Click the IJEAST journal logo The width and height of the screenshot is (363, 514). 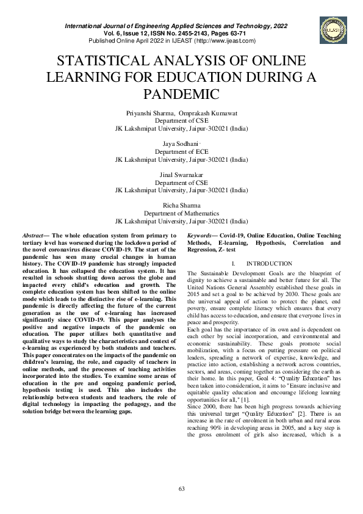(332, 26)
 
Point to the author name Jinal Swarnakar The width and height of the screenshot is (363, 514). (181, 175)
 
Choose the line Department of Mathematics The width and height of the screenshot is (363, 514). (181, 214)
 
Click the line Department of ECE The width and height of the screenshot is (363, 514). (181, 151)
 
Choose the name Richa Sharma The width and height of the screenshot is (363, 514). (181, 205)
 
